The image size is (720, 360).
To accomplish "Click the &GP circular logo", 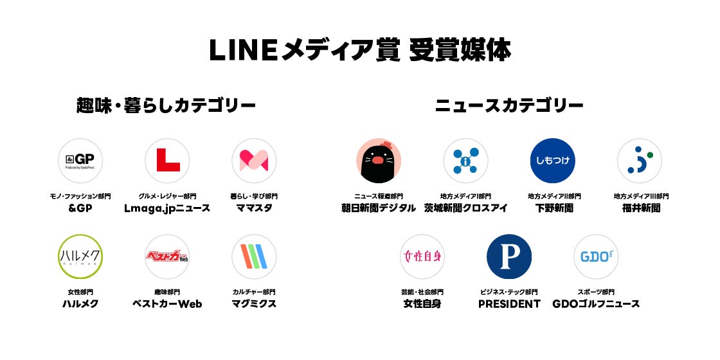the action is point(80,161).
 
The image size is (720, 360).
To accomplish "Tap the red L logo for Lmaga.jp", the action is point(167,161).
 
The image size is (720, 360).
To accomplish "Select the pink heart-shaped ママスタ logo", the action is point(254,161).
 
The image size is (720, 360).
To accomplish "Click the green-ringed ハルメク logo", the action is point(80,256).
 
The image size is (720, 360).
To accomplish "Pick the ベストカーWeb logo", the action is point(167,256).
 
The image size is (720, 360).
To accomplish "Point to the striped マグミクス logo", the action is point(254,256).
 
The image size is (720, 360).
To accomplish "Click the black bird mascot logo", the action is point(379,161).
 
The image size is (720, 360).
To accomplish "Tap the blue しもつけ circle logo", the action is point(552,161).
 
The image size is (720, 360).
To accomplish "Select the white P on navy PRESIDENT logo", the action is point(509,256).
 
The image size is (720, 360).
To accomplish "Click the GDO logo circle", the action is point(596,256).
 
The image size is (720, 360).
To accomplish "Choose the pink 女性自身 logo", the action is point(422,256).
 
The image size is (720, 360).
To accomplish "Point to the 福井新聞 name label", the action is point(641,208).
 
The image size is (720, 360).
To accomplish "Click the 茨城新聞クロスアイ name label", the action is point(465,208).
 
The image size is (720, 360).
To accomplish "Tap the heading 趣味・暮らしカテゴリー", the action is point(166,105).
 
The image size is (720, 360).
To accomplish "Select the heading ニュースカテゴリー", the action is point(509,105).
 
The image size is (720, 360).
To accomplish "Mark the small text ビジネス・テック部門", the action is point(509,292).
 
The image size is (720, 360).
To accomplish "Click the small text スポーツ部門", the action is point(596,292).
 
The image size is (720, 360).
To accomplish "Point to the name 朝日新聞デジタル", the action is point(379,208).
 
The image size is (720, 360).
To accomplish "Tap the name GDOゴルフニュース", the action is point(596,304).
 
